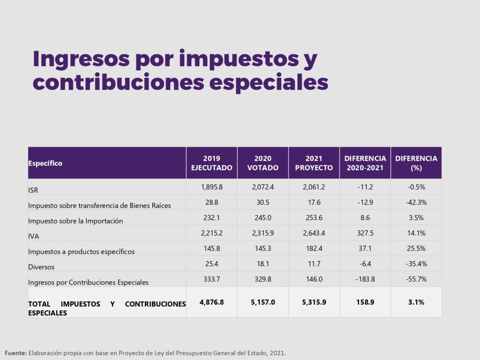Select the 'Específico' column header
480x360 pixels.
coord(45,163)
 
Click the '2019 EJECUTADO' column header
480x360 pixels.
coord(211,163)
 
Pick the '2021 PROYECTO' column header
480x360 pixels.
coord(314,163)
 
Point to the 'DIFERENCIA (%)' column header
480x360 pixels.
coord(416,163)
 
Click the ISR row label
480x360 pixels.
coord(33,190)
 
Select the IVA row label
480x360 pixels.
coord(33,237)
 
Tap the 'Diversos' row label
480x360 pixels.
coord(41,267)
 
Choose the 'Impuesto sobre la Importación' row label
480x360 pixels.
coord(75,221)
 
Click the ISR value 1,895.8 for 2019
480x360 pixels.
coord(211,187)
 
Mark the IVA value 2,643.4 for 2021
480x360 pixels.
coord(314,233)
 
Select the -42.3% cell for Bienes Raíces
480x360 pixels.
coord(416,202)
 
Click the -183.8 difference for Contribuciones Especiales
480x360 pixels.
coord(365,279)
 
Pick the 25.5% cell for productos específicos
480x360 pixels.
coord(416,248)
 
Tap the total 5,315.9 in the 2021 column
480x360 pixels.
coord(314,302)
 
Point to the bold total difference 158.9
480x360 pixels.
coord(365,302)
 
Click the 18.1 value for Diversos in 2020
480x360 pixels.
coord(262,264)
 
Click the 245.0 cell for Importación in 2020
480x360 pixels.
coord(262,218)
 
